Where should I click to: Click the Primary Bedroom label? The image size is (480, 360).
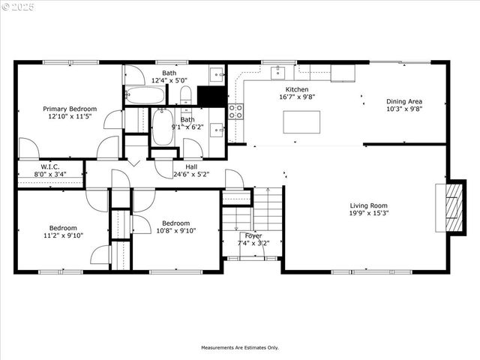click(x=70, y=109)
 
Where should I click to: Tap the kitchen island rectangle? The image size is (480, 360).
click(x=301, y=121)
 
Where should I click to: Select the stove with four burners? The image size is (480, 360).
click(x=235, y=112)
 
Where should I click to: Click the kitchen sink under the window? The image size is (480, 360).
click(x=279, y=72)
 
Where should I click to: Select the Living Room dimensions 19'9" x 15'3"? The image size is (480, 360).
click(x=368, y=214)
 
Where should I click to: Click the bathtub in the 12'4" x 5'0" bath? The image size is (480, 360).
click(x=145, y=95)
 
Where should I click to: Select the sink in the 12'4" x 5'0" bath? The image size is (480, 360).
click(x=216, y=74)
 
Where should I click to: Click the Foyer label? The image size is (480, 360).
click(x=253, y=235)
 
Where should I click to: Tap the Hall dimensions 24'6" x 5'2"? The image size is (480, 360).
click(x=191, y=175)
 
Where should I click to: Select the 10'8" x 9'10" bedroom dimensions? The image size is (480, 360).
click(x=176, y=231)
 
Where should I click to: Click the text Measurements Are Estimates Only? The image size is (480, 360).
click(x=239, y=348)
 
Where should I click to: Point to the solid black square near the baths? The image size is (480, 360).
click(x=212, y=97)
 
